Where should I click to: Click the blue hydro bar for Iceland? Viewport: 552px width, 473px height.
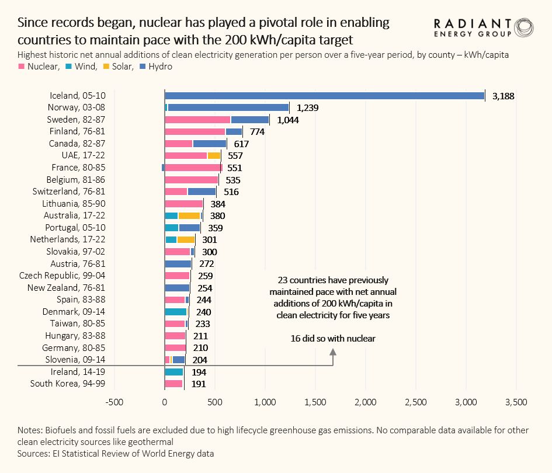(324, 95)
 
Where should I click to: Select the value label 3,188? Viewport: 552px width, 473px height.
(502, 96)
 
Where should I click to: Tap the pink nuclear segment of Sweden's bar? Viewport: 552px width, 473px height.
(197, 120)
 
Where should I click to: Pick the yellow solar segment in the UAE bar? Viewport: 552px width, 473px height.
(214, 156)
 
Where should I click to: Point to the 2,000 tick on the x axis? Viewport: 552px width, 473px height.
(366, 402)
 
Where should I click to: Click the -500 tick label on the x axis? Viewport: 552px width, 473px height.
(114, 402)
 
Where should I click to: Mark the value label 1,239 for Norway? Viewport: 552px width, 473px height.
(307, 107)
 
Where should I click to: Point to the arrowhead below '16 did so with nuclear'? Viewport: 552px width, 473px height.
(333, 352)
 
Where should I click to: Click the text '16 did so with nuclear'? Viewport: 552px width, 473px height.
(333, 339)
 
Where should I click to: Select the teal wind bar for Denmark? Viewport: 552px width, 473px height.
(175, 312)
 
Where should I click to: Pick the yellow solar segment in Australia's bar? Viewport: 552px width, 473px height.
(189, 216)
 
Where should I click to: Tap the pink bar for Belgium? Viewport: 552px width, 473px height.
(191, 180)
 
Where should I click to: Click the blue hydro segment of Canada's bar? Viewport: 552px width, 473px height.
(209, 144)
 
